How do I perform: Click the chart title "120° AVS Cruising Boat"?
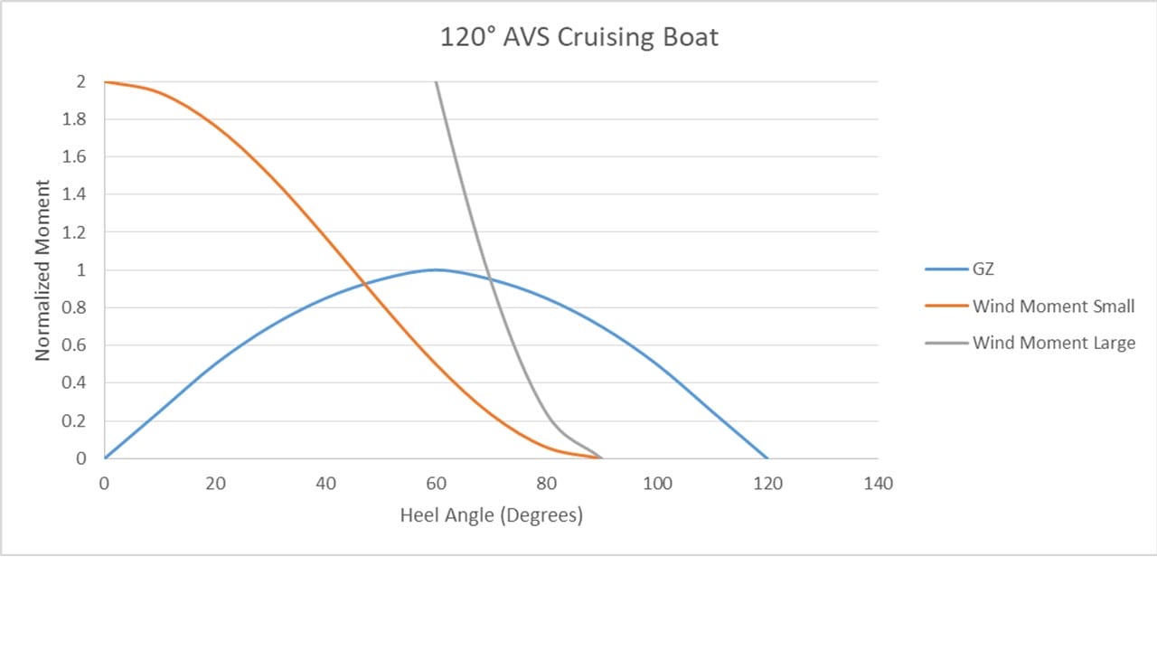(578, 38)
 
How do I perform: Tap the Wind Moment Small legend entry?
(1053, 307)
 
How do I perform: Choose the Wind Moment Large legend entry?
(1054, 344)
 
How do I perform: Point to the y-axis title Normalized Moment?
(42, 269)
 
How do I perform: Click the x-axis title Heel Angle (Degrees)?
(491, 515)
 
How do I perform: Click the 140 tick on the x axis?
(878, 483)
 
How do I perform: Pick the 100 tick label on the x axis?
(657, 483)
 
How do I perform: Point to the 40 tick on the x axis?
(325, 483)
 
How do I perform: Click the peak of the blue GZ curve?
(436, 269)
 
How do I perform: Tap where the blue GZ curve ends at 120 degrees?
(767, 458)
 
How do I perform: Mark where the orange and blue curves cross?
(364, 285)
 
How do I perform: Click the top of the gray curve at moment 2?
(436, 82)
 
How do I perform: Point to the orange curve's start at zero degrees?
(105, 82)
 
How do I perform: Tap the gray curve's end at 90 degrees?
(601, 458)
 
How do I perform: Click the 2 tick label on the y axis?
(80, 81)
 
